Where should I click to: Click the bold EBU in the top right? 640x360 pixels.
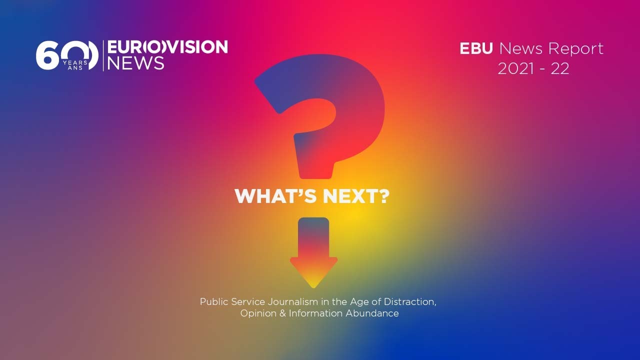tap(476, 48)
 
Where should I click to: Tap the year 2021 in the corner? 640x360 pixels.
tap(515, 69)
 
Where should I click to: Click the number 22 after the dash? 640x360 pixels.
tap(560, 69)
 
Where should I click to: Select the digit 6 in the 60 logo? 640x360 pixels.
tap(47, 55)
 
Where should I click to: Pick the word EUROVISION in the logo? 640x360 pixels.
tap(167, 47)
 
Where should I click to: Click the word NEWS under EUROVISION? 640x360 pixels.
tap(135, 63)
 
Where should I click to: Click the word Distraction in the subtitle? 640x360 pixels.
tap(409, 302)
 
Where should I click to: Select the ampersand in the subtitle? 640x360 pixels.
tap(282, 313)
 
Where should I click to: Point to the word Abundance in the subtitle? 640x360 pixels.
tap(372, 313)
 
